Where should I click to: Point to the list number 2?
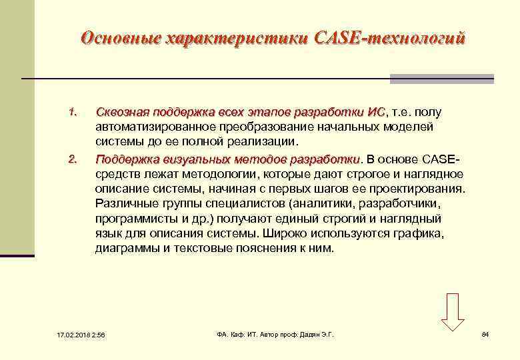[73, 158]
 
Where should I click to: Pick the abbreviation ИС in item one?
[376, 111]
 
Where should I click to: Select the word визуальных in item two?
[191, 159]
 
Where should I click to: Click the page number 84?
[485, 333]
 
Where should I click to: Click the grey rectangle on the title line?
[441, 79]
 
